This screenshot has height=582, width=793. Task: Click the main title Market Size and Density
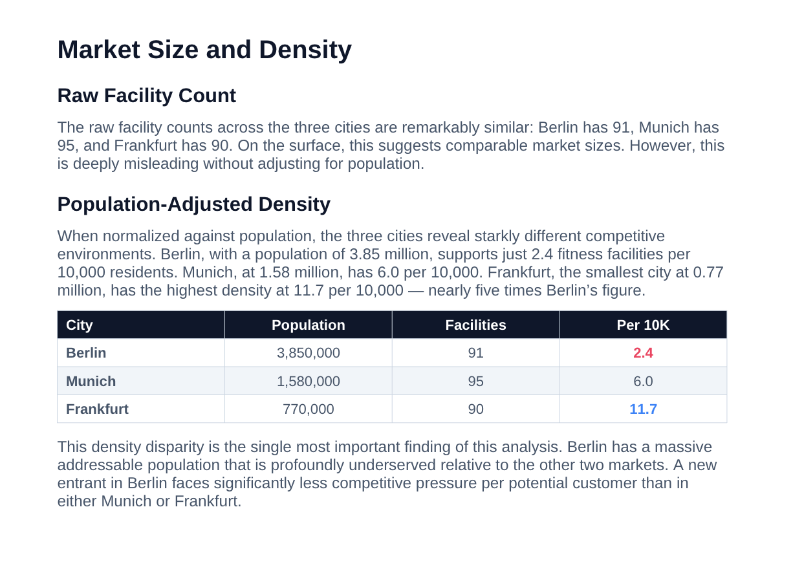click(204, 50)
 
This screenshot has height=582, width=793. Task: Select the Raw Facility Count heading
click(146, 96)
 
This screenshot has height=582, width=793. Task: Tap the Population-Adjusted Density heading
click(193, 204)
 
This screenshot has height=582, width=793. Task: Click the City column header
click(80, 325)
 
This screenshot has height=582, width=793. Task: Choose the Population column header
click(308, 325)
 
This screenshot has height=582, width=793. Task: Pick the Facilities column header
click(475, 325)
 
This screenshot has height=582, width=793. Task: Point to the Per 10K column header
click(643, 325)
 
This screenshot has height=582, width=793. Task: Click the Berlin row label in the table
click(86, 353)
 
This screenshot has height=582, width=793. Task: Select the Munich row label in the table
click(91, 382)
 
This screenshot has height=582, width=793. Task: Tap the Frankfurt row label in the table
click(97, 409)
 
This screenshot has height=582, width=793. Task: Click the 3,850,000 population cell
click(308, 353)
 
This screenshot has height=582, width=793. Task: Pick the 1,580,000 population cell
click(308, 382)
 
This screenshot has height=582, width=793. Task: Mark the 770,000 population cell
click(308, 409)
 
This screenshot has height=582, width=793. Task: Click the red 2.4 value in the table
click(643, 353)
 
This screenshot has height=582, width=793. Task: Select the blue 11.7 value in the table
click(643, 409)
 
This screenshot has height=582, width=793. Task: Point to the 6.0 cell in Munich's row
click(643, 382)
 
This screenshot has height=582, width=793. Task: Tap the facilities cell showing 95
click(475, 382)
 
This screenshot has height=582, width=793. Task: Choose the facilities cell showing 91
click(475, 353)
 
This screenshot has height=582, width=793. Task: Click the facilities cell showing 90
click(475, 409)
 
